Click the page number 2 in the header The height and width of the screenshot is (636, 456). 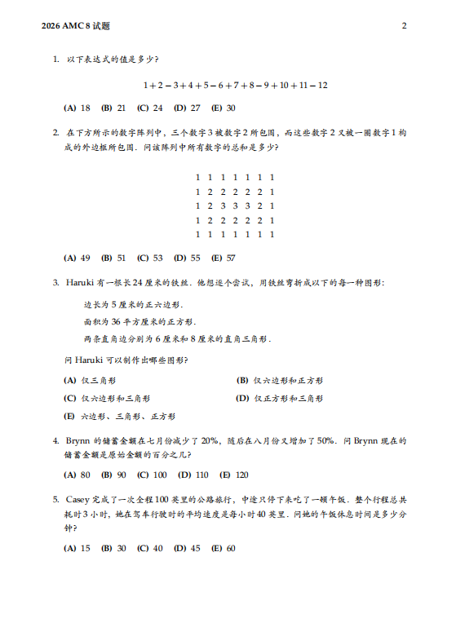tap(404, 25)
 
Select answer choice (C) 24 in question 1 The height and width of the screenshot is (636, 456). tap(150, 108)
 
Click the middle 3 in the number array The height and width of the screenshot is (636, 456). tap(235, 205)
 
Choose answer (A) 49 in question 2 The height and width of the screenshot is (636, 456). tap(77, 258)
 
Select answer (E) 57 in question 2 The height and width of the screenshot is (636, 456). tap(224, 258)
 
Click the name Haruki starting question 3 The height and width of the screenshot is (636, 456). tap(80, 282)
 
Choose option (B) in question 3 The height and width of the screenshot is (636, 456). tap(280, 380)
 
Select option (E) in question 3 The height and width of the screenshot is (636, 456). tap(119, 416)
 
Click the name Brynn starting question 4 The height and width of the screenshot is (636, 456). tap(79, 440)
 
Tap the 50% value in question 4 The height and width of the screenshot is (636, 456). tap(325, 440)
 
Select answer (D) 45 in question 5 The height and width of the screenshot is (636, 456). tap(187, 548)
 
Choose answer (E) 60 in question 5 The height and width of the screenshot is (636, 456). tap(224, 548)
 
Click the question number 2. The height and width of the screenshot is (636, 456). tap(55, 132)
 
